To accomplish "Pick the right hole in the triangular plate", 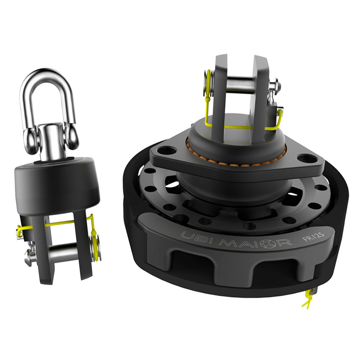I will [303, 158].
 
